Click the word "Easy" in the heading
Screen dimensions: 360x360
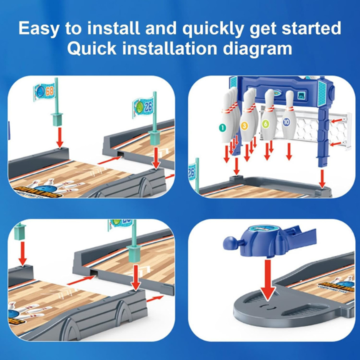[39, 29]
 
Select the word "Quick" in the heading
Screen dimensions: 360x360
[91, 49]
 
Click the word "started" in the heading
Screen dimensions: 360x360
[311, 29]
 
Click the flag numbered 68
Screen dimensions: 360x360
[45, 91]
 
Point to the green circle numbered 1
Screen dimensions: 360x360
[222, 128]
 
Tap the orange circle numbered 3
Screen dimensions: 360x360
[244, 126]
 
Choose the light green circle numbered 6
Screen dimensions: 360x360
[266, 124]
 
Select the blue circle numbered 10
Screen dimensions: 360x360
[286, 122]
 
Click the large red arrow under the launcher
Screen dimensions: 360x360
[268, 280]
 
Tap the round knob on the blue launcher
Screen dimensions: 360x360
[229, 243]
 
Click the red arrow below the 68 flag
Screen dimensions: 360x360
[60, 138]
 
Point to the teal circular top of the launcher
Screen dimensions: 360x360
[264, 229]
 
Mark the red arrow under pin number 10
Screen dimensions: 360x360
[289, 151]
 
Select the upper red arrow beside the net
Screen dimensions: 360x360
[337, 121]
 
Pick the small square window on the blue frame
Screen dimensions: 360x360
[301, 96]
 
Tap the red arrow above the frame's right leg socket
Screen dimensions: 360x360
[322, 179]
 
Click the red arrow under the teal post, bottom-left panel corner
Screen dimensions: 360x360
[23, 254]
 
